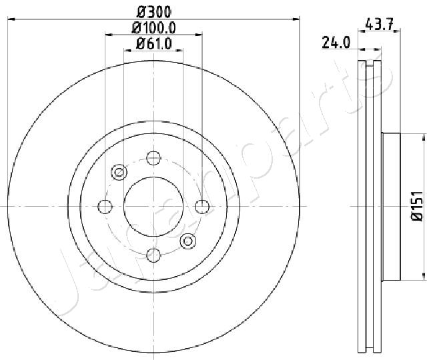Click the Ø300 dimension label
(154, 12)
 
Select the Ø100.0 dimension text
(154, 28)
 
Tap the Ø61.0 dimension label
(154, 43)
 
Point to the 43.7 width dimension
(380, 25)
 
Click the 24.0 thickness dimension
(336, 43)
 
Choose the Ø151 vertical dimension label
(417, 206)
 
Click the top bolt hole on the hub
(153, 158)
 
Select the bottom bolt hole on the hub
(153, 255)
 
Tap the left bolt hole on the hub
(105, 207)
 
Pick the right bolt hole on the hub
(202, 207)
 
